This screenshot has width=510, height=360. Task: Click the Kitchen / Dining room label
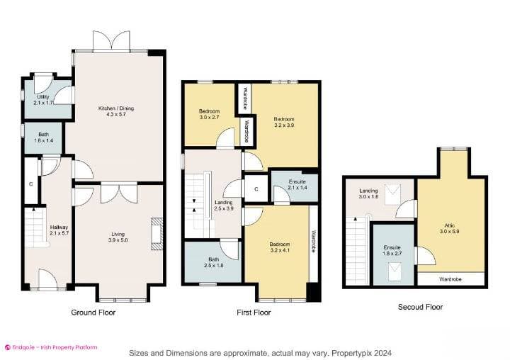pos(115,108)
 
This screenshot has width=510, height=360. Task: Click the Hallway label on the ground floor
pos(58,227)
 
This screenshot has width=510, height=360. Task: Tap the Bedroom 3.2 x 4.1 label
pos(280,247)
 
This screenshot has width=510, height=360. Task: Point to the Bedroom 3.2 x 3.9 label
pos(284,122)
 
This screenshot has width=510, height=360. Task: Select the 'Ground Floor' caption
pos(93,312)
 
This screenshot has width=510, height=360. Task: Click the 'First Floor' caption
pos(253,312)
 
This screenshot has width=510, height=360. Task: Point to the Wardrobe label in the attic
pos(450,279)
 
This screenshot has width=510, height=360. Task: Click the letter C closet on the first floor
pos(256,189)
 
